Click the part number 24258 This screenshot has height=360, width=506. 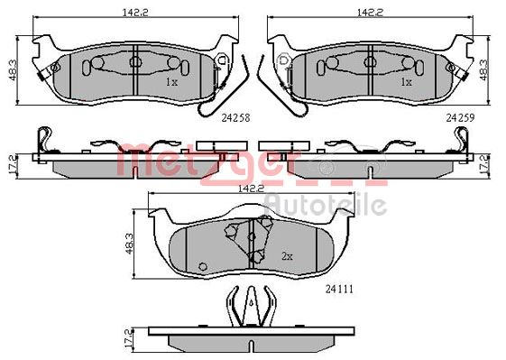[235, 118]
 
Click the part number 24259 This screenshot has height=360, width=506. [460, 118]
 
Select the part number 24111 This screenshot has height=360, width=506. [339, 289]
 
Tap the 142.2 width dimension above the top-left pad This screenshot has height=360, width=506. [135, 13]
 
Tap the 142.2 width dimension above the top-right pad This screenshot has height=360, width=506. [370, 13]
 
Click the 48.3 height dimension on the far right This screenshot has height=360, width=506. [484, 69]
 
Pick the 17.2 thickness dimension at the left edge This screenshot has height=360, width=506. [12, 167]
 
